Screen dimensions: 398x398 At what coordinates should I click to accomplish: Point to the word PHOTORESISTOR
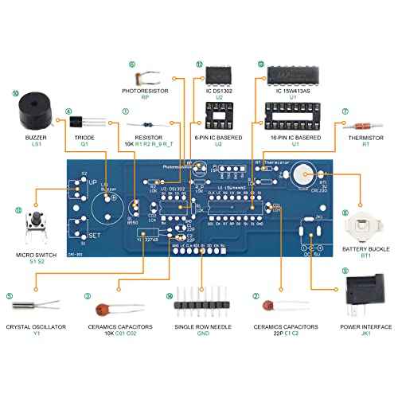[x=145, y=90]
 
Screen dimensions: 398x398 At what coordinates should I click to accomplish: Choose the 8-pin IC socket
[x=217, y=118]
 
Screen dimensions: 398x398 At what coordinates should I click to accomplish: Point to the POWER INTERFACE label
[x=366, y=326]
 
